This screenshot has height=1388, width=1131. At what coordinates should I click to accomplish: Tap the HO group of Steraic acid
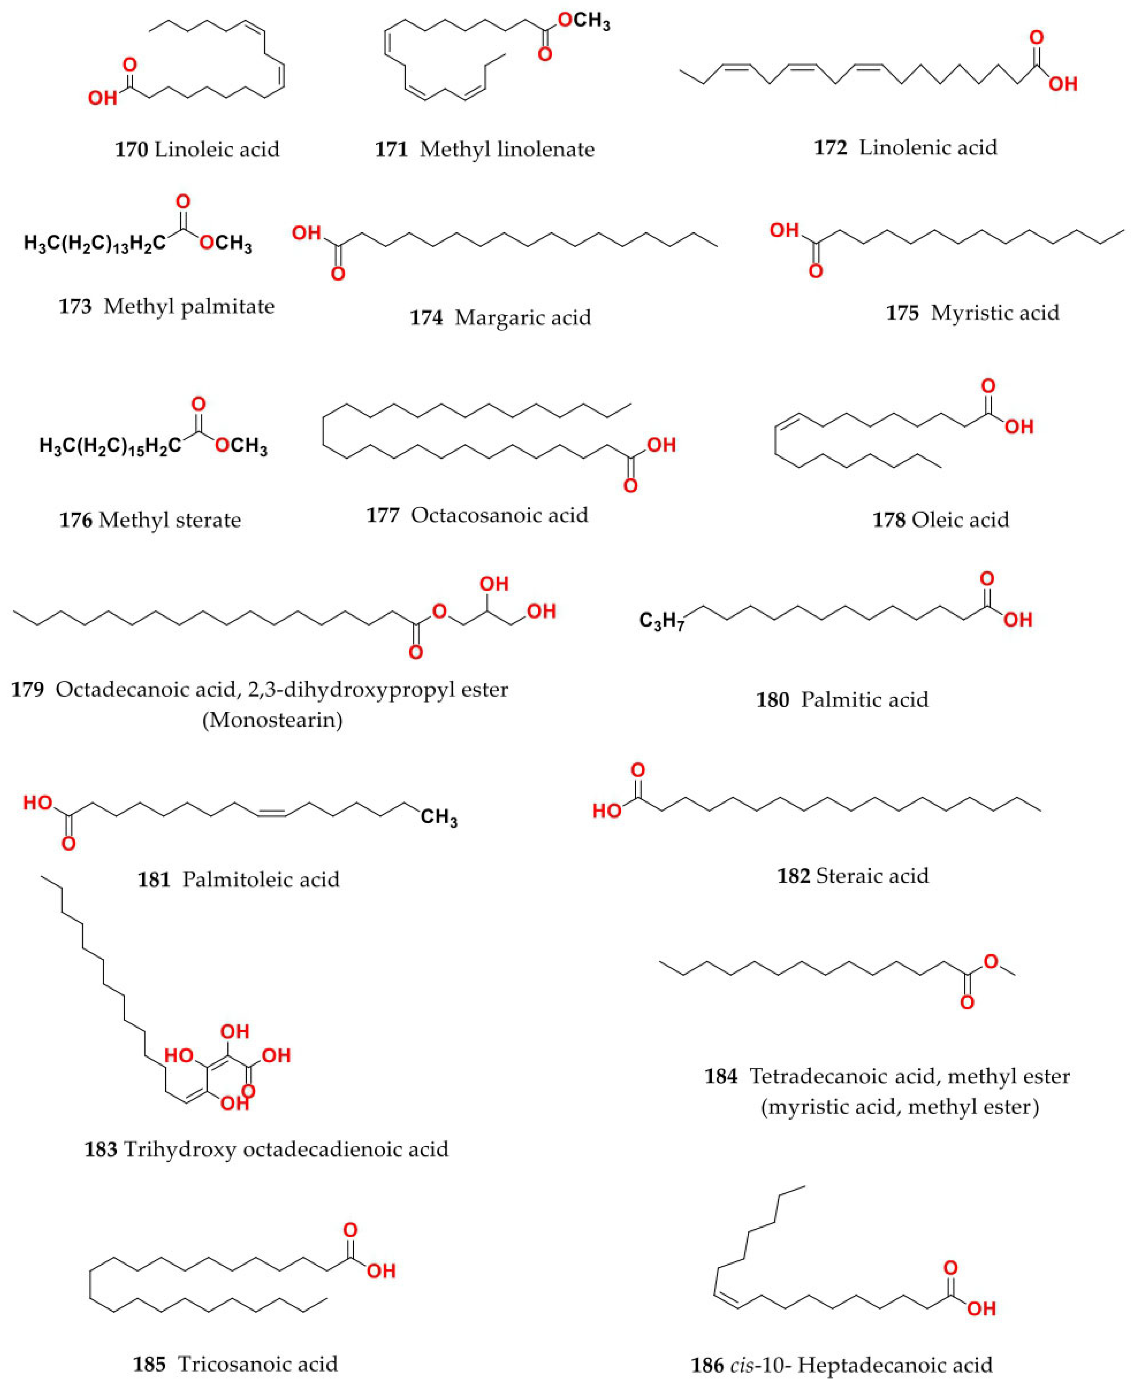click(606, 811)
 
